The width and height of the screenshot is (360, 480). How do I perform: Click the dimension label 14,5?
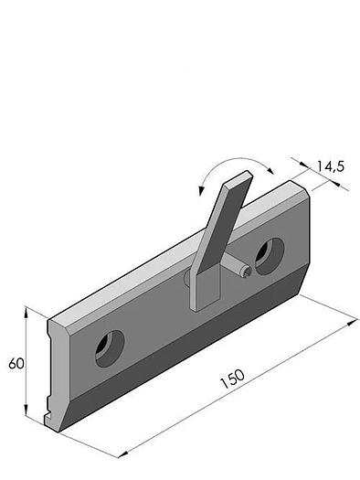(330, 166)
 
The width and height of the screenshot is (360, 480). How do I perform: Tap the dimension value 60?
(16, 363)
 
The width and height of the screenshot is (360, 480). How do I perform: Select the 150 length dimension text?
(232, 379)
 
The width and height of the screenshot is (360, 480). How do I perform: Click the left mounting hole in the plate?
(110, 348)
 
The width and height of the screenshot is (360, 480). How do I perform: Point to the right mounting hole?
(270, 257)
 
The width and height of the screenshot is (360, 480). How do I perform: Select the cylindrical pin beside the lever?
(237, 266)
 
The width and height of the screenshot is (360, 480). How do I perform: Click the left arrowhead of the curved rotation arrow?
(201, 190)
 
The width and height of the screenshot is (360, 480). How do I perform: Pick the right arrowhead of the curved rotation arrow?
(270, 170)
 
